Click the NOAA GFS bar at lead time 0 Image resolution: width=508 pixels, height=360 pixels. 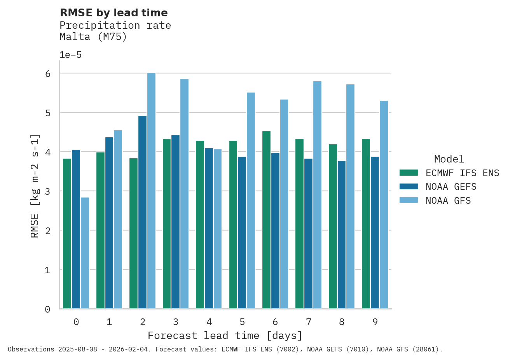coord(85,253)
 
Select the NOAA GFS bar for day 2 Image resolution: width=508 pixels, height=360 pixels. coord(151,191)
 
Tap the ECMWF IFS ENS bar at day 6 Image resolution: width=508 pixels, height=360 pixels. coord(266,220)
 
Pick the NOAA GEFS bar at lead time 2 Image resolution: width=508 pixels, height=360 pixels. coord(142,212)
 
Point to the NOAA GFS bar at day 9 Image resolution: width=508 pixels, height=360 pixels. coord(384,204)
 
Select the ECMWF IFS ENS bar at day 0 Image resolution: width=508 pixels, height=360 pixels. coord(67,234)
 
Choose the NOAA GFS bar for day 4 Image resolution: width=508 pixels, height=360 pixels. coord(218,229)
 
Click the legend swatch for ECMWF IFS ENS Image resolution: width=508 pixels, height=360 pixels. coord(408,173)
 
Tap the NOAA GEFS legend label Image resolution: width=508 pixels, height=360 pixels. coord(451,187)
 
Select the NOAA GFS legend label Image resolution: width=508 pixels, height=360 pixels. coord(448,201)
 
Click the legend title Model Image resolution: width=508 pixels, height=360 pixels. coord(449,159)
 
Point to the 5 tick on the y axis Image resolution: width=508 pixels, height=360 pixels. coord(48,113)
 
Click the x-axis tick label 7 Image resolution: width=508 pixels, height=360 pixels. coord(309,322)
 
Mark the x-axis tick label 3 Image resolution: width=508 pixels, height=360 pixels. coord(176,322)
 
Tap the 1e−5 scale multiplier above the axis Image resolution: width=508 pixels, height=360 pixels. coord(70,55)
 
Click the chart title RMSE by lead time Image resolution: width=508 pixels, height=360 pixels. coord(113,13)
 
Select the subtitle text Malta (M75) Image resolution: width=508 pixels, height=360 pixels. coord(93,37)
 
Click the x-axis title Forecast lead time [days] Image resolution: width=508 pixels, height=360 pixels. coord(225,336)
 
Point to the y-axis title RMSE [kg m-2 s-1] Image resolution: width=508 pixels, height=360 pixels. coord(35,186)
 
